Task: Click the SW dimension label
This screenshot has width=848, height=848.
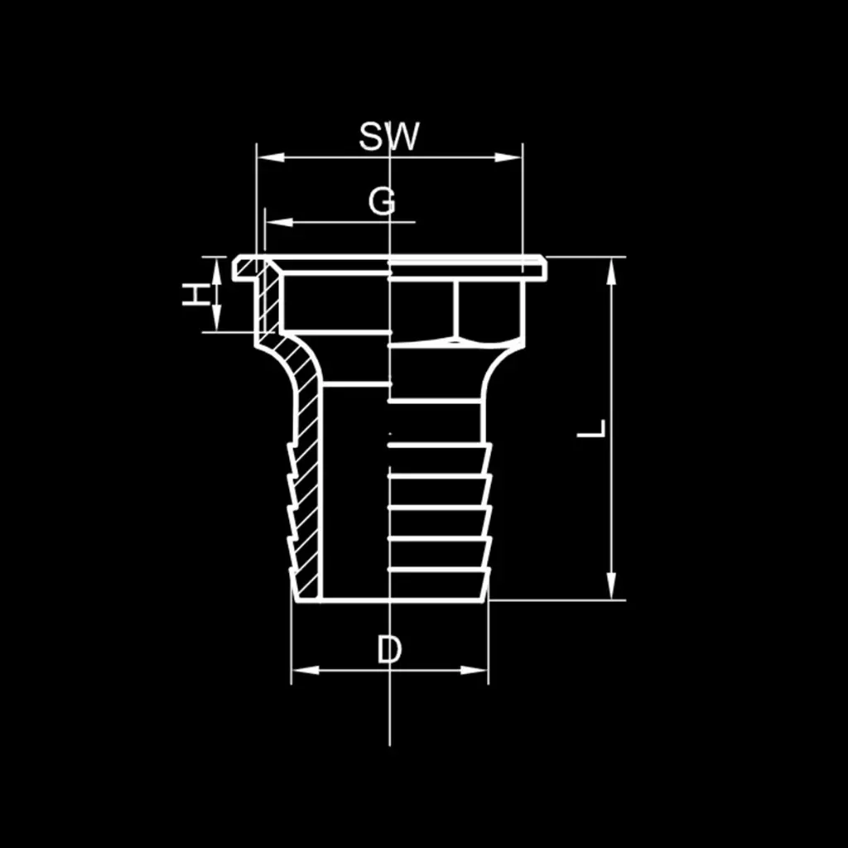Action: (389, 137)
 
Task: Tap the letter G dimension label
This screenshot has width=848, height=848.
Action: (382, 202)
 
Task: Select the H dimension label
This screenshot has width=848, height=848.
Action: (195, 295)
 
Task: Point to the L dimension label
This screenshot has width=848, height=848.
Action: (591, 428)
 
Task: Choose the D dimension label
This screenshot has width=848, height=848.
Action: (389, 649)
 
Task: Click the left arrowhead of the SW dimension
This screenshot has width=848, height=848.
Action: (271, 157)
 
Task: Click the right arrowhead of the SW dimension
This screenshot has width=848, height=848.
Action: (508, 157)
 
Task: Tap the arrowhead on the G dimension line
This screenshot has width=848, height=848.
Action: (279, 222)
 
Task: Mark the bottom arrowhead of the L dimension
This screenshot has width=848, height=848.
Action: (611, 585)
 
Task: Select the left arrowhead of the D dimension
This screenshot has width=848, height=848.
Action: (305, 670)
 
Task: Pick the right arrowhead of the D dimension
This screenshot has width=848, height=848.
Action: (475, 670)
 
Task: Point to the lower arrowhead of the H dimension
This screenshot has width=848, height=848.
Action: (216, 318)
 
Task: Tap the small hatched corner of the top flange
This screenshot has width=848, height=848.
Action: (248, 266)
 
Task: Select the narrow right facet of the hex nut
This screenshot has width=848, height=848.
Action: (491, 310)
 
